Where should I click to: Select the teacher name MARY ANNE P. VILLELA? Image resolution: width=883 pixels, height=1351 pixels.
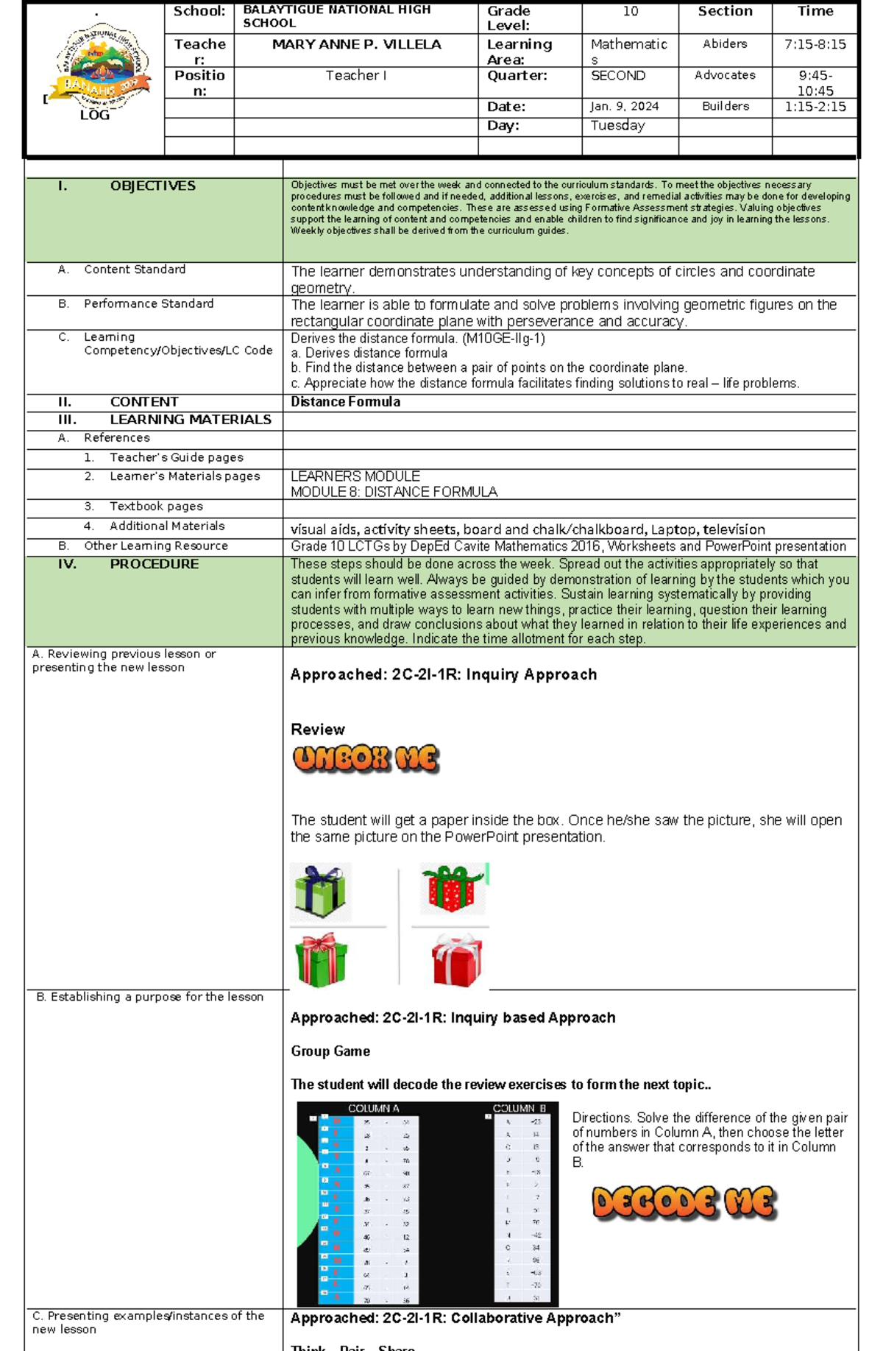pyautogui.click(x=356, y=45)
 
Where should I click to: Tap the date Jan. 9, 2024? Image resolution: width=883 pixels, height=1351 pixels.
pyautogui.click(x=624, y=107)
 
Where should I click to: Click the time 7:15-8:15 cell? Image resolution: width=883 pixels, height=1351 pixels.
pyautogui.click(x=815, y=45)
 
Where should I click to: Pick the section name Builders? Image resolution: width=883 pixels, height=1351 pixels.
pyautogui.click(x=725, y=107)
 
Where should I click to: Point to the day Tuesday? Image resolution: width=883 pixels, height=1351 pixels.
pyautogui.click(x=617, y=126)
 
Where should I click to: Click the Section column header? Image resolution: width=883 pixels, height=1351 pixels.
pyautogui.click(x=725, y=12)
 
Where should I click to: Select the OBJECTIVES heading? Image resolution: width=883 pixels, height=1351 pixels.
pyautogui.click(x=152, y=186)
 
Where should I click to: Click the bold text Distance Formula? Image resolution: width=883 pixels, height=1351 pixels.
pyautogui.click(x=345, y=402)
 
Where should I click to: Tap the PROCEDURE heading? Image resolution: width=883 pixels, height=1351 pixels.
pyautogui.click(x=154, y=565)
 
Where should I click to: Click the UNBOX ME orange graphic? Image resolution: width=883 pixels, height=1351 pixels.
pyautogui.click(x=366, y=759)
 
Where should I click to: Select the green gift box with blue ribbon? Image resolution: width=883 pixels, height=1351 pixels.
pyautogui.click(x=320, y=892)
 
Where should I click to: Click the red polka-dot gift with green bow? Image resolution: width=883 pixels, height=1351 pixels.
pyautogui.click(x=453, y=888)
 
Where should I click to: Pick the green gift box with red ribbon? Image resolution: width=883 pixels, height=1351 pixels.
pyautogui.click(x=320, y=960)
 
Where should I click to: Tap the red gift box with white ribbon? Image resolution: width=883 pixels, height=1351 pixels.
pyautogui.click(x=457, y=960)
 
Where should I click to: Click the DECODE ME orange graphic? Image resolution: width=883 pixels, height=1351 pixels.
pyautogui.click(x=684, y=1202)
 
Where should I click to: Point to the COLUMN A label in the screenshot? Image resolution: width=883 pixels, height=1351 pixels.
pyautogui.click(x=373, y=1109)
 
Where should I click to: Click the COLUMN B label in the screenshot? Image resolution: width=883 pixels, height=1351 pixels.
pyautogui.click(x=519, y=1109)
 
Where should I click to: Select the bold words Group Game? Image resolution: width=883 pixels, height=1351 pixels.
pyautogui.click(x=330, y=1051)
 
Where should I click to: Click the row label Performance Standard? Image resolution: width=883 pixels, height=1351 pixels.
pyautogui.click(x=148, y=304)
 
